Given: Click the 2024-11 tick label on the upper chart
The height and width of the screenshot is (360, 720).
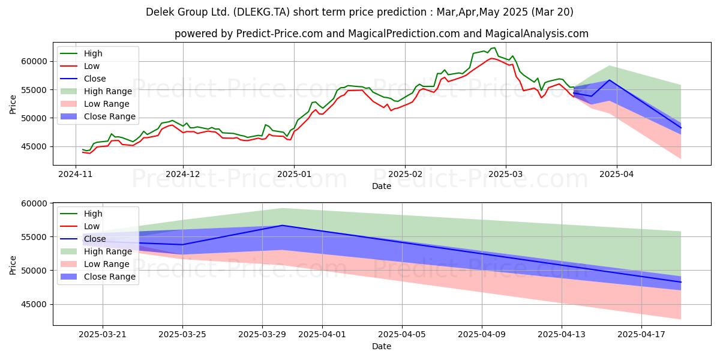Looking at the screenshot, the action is pyautogui.click(x=75, y=174).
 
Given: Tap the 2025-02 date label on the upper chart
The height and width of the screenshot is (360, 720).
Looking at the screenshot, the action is pyautogui.click(x=405, y=174).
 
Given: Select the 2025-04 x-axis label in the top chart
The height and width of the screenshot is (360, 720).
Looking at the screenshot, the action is pyautogui.click(x=617, y=174).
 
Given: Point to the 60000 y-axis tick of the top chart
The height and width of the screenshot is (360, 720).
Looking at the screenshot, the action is pyautogui.click(x=34, y=61).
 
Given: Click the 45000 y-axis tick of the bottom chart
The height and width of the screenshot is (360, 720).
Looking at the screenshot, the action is pyautogui.click(x=34, y=304).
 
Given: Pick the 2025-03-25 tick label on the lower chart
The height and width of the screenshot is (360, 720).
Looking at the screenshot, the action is pyautogui.click(x=182, y=335).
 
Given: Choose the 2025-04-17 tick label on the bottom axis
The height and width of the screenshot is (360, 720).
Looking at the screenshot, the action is pyautogui.click(x=641, y=335).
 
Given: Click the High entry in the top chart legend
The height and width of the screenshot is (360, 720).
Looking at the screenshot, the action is pyautogui.click(x=93, y=53).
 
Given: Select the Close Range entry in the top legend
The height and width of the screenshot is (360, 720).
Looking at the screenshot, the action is pyautogui.click(x=110, y=116).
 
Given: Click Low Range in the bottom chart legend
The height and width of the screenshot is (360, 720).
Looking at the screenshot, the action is pyautogui.click(x=106, y=264).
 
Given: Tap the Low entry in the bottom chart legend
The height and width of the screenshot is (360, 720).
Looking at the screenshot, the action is pyautogui.click(x=92, y=226).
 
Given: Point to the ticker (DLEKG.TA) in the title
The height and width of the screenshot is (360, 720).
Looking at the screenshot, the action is pyautogui.click(x=262, y=12).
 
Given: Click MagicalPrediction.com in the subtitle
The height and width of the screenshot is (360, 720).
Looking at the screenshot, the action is pyautogui.click(x=404, y=34).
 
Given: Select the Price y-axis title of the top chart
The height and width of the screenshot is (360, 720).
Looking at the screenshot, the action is pyautogui.click(x=13, y=104).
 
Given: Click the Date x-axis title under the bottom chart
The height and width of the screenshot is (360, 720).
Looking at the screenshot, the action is pyautogui.click(x=382, y=346).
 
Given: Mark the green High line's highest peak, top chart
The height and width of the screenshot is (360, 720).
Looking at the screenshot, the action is pyautogui.click(x=494, y=48).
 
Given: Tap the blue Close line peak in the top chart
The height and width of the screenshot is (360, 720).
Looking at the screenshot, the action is pyautogui.click(x=610, y=80).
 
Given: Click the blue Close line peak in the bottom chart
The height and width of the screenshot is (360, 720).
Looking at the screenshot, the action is pyautogui.click(x=282, y=226).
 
